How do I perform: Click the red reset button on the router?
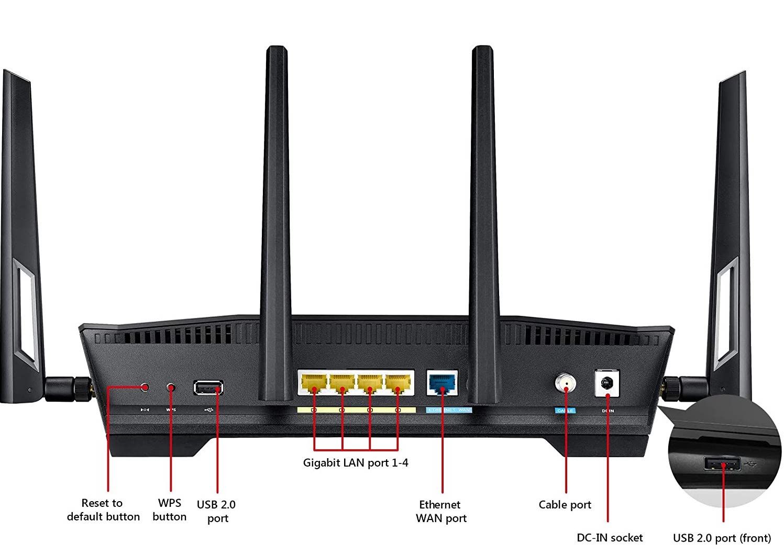coord(145,387)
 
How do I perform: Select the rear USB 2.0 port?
coord(208,388)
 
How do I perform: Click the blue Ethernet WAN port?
coord(443,383)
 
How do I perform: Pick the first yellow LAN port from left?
coord(314,383)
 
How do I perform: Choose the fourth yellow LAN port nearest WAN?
coord(398,383)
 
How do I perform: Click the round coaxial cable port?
coord(566,383)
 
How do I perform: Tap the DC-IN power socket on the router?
coord(608,383)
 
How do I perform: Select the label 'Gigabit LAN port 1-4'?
coord(356,463)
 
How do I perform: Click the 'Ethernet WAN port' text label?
coord(440,511)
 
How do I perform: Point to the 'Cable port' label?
coord(565,505)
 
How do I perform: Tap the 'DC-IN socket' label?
coord(609,538)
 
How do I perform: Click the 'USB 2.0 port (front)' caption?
coord(722,538)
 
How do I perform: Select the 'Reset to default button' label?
coord(103,510)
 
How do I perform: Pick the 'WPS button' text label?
coord(169,510)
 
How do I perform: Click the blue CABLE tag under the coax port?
coord(565,411)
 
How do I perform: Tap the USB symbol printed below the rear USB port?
coord(208,410)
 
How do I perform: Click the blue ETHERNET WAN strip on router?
coord(449,410)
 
